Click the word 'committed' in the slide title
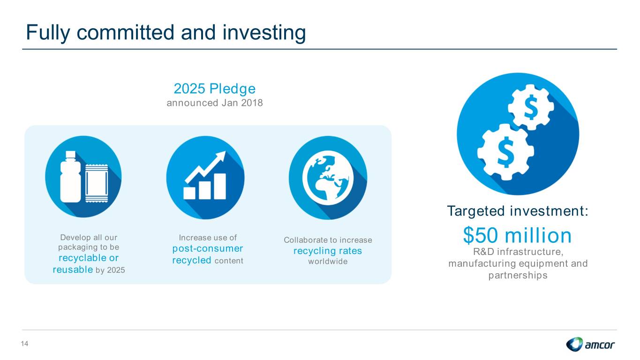126,32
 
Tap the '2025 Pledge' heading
215,89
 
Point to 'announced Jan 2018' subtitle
215,103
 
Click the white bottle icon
71,177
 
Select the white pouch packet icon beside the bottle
97,183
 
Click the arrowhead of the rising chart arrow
221,157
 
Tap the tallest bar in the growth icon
220,186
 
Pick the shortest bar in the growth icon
189,193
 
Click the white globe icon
328,178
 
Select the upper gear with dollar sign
531,107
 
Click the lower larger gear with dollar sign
505,152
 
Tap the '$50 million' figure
517,235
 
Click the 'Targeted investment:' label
518,211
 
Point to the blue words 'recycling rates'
328,251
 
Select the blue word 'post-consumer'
208,248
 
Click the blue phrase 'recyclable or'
89,258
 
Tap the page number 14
24,344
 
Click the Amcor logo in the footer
590,344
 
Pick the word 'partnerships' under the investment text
518,276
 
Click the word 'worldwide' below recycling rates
328,262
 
